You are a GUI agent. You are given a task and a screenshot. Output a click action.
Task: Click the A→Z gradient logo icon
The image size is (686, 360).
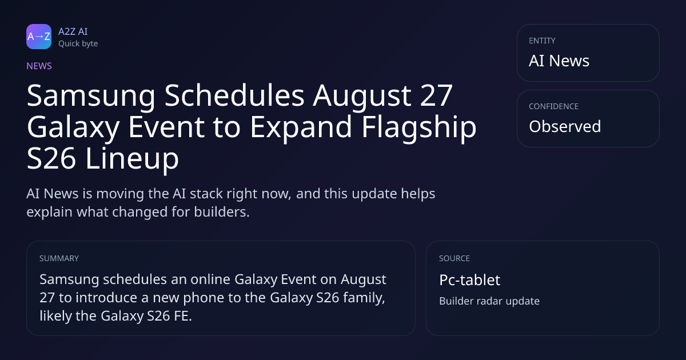tap(39, 37)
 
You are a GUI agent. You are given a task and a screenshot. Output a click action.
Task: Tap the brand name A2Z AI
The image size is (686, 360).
tap(73, 31)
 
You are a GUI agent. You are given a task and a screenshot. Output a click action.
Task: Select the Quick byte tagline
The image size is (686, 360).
tap(78, 44)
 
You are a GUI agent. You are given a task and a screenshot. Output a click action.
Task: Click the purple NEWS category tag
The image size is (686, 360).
tap(39, 66)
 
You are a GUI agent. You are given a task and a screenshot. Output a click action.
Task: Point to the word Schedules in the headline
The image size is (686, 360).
tap(234, 95)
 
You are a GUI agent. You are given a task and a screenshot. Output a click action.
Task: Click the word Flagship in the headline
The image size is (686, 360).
tap(419, 127)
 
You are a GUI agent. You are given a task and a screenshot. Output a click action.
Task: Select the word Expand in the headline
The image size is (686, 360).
tap(301, 127)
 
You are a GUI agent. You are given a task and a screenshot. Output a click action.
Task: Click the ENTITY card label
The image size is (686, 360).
tap(542, 41)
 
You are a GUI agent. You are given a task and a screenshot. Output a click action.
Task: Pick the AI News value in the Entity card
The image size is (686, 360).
tap(559, 61)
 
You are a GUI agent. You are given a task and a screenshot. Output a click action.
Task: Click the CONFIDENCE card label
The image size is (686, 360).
tap(554, 106)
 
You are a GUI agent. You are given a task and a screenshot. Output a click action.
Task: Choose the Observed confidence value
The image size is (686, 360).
tap(565, 126)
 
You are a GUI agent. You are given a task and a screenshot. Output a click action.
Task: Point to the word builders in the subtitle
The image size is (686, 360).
tap(222, 211)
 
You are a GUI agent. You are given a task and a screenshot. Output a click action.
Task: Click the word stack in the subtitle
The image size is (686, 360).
tap(205, 194)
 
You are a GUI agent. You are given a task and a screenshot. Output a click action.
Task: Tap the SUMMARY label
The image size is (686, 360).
tap(59, 258)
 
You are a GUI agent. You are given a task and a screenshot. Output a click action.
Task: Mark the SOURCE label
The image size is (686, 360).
tap(454, 258)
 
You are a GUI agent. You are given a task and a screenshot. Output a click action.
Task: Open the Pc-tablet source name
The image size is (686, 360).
tap(469, 280)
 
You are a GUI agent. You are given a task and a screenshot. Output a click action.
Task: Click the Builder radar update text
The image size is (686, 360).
tap(489, 301)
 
